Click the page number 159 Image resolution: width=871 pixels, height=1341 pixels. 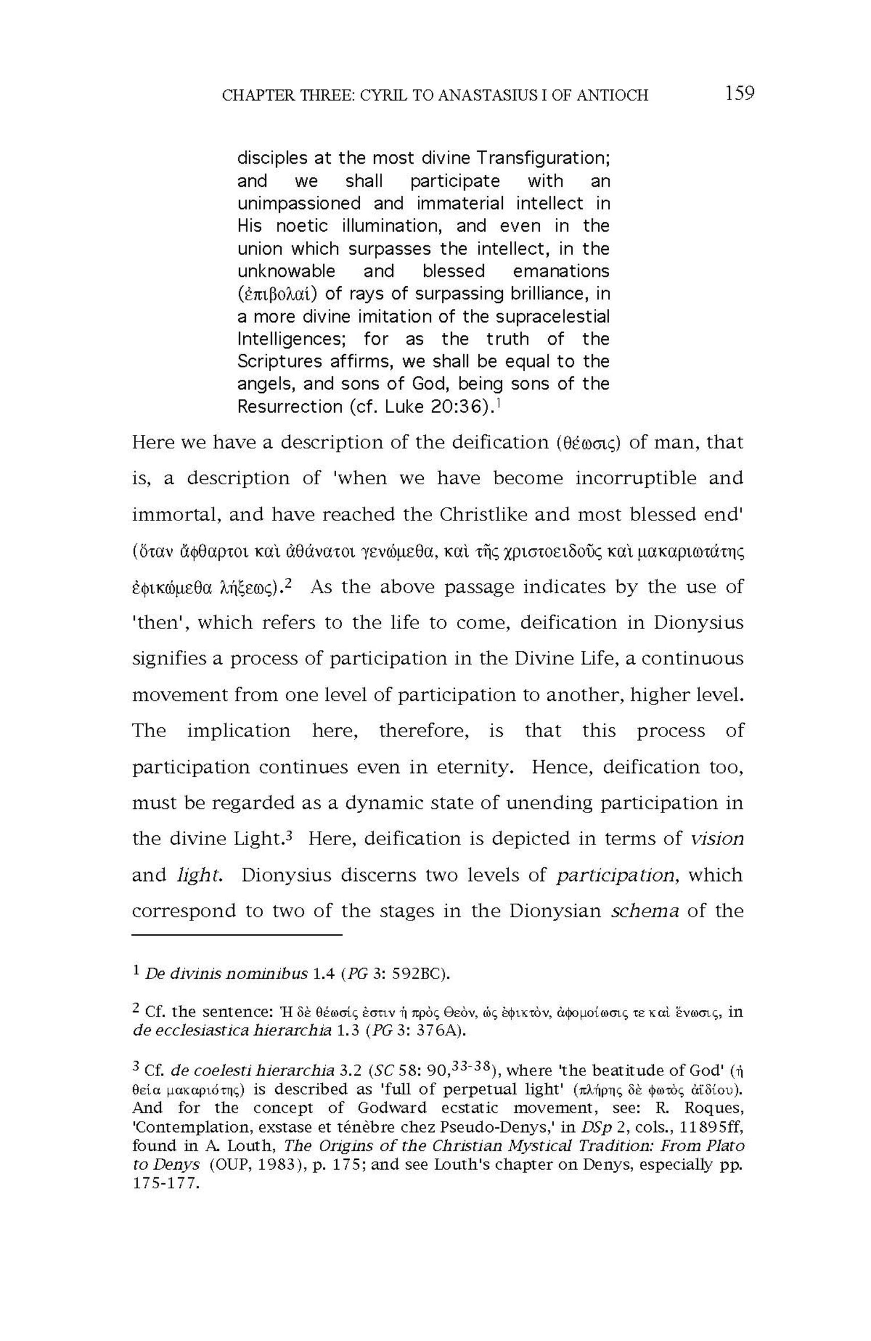[x=739, y=93]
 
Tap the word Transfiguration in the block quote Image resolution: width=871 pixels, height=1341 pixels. [x=543, y=158]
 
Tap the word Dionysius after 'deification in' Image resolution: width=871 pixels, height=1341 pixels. [x=699, y=623]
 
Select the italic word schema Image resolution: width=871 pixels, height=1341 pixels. [x=645, y=911]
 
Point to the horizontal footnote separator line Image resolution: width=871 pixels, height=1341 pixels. [x=237, y=936]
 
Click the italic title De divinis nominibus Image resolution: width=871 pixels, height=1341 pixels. [x=226, y=974]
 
